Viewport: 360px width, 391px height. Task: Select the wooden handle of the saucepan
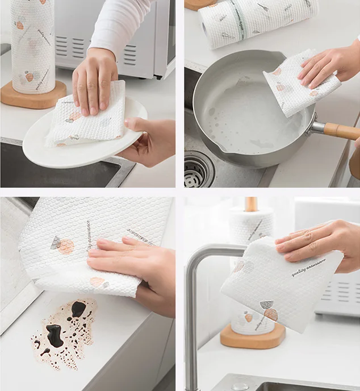click(x=341, y=131)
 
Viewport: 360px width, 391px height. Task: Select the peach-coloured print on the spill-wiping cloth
click(x=66, y=246)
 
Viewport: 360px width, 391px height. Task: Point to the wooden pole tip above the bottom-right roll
click(x=250, y=203)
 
